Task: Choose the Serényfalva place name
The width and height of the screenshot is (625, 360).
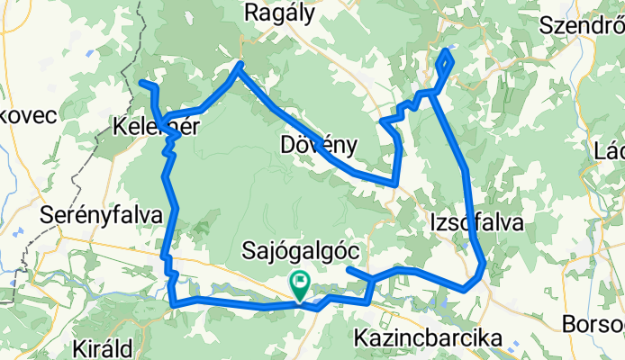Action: coord(102,215)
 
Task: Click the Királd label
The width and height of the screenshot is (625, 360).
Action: coord(105,348)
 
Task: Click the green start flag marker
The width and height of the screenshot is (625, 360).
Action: coord(299,284)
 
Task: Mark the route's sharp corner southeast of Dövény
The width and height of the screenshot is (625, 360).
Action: coord(395,184)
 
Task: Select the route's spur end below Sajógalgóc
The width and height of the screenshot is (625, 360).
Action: coord(348,269)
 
